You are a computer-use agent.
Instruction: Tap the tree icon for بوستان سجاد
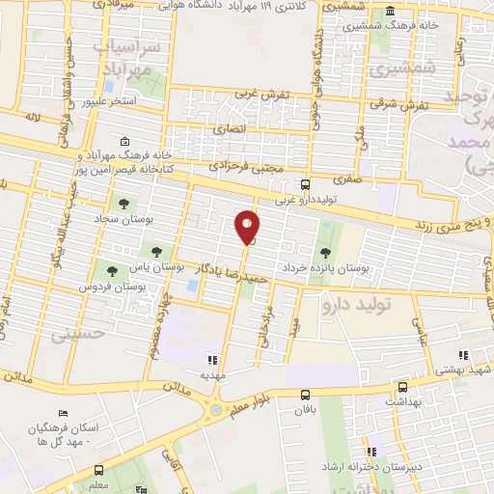coord(123,204)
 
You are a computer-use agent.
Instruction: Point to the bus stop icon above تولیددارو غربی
coord(305,184)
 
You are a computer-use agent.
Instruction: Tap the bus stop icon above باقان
coord(306,394)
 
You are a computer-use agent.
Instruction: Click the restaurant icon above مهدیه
coord(213,360)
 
